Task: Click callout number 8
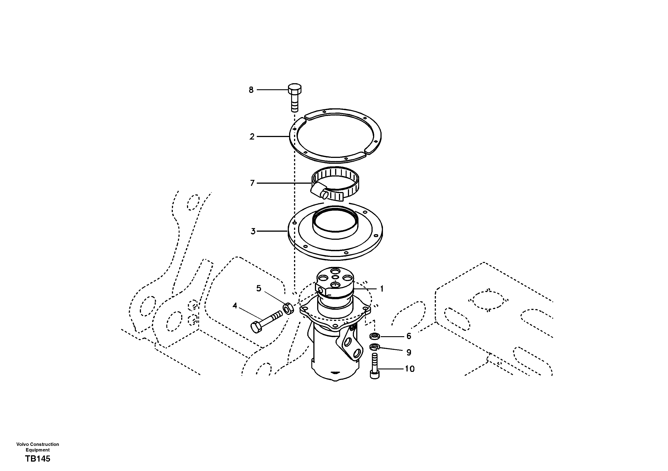251,90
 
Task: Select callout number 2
252,136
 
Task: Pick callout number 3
253,231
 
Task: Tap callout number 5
259,288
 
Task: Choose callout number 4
235,305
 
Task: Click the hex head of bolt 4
256,328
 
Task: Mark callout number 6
409,336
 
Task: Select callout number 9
409,352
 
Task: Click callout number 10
410,369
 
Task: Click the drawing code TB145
37,459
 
